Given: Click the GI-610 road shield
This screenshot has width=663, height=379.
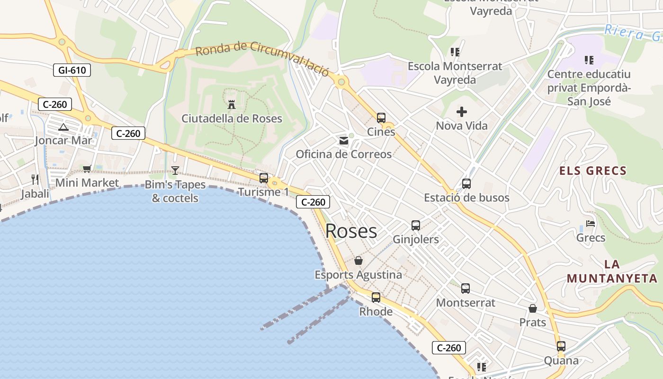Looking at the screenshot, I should pos(72,71).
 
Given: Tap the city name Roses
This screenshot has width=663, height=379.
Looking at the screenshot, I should pos(351,231).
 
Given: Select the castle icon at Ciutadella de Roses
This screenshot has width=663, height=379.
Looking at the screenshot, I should pos(232,104).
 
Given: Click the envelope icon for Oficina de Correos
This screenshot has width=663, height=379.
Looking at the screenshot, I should pos(344,141).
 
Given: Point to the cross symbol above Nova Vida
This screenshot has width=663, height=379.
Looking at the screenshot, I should pos(462,112).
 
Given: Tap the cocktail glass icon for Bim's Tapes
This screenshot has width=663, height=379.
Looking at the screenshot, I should pos(175,171).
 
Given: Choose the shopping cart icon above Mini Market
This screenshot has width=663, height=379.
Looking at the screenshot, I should pos(87,169).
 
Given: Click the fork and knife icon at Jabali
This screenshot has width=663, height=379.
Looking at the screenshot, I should pos(35,179).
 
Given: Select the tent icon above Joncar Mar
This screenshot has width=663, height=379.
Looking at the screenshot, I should pos(63,126).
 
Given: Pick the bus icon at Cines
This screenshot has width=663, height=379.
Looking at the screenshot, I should pos(381,118).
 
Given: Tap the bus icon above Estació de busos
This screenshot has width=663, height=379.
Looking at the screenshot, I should pos(466,184).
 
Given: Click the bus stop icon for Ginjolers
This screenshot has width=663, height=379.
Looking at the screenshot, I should pos(416,226).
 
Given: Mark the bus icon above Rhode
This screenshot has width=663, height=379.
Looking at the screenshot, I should pos(376,298).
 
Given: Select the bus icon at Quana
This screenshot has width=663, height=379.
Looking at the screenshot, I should pos(561,346).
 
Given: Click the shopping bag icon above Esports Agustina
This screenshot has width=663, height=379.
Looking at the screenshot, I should pos(358,261).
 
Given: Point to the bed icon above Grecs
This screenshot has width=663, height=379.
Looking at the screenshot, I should pos(591,224).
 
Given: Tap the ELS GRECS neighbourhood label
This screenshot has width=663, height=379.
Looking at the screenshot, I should pos(593,171).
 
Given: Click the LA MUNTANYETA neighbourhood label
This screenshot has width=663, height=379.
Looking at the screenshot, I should pos(612,271).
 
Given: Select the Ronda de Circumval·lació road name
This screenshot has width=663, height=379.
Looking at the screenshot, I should pos(262,57).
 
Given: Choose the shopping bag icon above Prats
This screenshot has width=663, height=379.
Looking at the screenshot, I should pos(533,308).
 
